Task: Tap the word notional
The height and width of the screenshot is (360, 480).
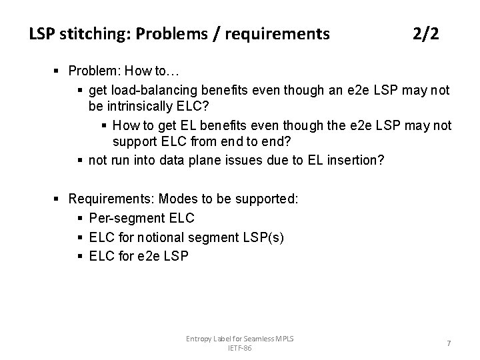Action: (154, 237)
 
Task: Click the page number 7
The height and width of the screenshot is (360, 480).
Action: (449, 343)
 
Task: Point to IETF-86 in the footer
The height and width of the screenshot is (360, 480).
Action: (240, 348)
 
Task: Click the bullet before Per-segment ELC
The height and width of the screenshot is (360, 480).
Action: (81, 218)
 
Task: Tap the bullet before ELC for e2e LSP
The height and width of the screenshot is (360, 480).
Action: (81, 255)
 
